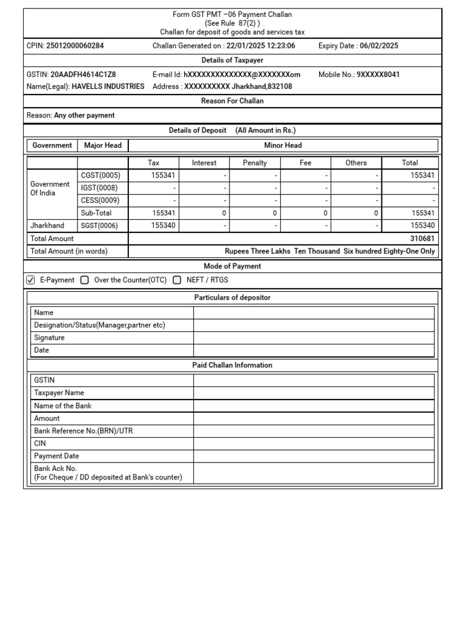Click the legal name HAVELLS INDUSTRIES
(x=108, y=87)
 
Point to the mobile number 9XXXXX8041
(x=378, y=74)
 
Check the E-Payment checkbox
(x=31, y=280)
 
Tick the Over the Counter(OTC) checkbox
(x=84, y=280)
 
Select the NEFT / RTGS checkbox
(x=177, y=280)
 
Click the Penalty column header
(x=255, y=163)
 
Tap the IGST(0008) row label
(x=100, y=188)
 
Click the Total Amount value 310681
(x=422, y=239)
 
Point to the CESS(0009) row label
(x=100, y=200)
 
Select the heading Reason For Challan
(x=232, y=101)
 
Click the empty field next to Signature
(x=314, y=338)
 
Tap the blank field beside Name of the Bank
(x=314, y=406)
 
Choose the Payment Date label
(x=57, y=456)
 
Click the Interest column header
(x=204, y=163)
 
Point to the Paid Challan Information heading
(x=232, y=365)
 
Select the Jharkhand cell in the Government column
(x=47, y=226)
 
